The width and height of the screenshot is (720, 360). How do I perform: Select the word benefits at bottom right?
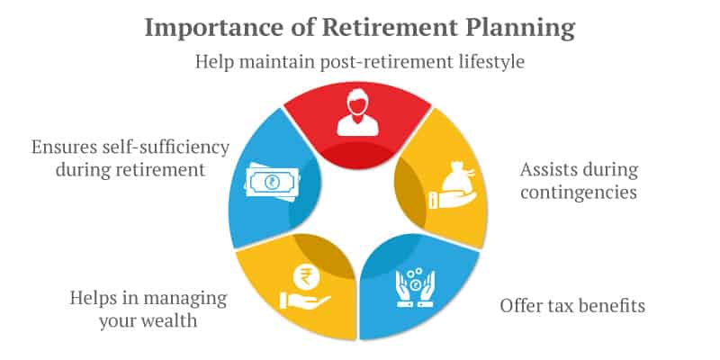point(613,305)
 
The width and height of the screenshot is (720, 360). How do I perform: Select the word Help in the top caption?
point(215,62)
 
